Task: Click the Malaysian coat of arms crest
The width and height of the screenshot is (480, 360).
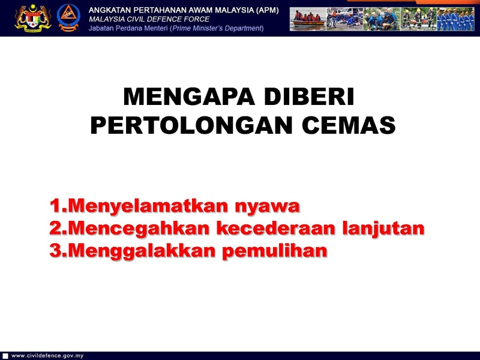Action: [33, 18]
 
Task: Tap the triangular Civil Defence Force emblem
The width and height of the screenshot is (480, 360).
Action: [68, 17]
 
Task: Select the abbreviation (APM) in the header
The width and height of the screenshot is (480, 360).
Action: [268, 10]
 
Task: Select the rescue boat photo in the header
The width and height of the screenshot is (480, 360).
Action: [308, 19]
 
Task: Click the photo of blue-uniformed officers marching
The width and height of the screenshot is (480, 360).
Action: [455, 19]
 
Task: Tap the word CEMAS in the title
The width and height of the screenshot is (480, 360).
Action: [349, 125]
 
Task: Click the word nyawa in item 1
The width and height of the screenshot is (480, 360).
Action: [267, 206]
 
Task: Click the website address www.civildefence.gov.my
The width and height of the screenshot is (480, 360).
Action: [47, 356]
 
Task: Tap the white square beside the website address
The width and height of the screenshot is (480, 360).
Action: [5, 356]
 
